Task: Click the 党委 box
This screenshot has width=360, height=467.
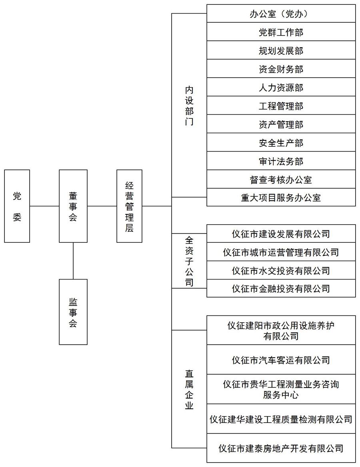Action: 17,206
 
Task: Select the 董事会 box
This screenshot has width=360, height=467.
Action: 73,206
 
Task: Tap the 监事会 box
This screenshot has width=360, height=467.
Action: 73,312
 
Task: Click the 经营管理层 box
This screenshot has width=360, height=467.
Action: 129,206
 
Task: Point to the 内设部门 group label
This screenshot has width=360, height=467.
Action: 189,106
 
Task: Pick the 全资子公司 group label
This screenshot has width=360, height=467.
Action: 189,261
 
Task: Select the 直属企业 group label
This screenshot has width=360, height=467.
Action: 189,389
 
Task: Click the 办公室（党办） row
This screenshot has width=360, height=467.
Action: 281,14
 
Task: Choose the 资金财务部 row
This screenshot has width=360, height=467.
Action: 281,69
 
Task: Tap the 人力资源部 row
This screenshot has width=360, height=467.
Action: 281,87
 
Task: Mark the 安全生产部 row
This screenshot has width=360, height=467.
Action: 281,143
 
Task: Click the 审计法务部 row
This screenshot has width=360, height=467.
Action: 281,161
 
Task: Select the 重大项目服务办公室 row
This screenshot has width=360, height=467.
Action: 281,198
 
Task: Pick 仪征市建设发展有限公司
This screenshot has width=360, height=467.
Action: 281,234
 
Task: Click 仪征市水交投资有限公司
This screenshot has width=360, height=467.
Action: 281,270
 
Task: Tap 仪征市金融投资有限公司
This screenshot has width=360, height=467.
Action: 281,288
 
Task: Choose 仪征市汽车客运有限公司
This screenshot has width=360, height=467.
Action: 281,360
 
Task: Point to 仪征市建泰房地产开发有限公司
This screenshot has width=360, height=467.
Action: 281,448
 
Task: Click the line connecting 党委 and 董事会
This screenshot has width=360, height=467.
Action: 44,206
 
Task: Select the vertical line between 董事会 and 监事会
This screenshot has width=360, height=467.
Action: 73,261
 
